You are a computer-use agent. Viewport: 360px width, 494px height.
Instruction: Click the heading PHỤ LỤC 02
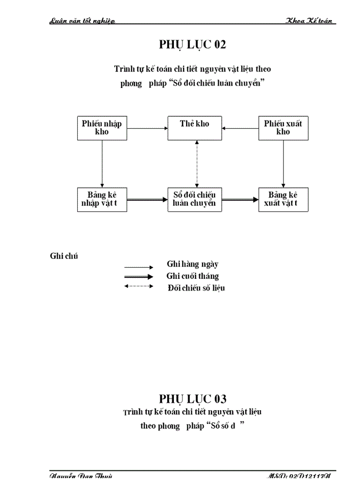192,45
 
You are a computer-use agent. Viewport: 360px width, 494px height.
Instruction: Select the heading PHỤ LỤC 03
192,399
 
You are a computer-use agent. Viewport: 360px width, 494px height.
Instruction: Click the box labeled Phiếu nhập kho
102,128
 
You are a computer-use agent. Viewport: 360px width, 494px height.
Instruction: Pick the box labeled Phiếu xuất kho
283,128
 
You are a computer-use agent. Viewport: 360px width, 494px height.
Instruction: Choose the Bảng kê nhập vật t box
102,200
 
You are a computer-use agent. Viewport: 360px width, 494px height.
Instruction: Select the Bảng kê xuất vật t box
283,200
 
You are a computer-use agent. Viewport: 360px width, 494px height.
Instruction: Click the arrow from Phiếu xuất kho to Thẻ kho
240,129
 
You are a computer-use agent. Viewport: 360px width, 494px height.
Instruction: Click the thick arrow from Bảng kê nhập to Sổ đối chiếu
147,200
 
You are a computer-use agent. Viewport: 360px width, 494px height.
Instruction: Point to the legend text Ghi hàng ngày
192,264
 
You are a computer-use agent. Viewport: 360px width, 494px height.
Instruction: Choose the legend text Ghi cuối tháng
192,276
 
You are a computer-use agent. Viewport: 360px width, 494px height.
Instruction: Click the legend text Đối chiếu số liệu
196,288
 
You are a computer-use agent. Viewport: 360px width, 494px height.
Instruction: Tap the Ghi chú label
64,256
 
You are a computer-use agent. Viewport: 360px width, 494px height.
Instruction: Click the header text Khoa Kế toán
310,21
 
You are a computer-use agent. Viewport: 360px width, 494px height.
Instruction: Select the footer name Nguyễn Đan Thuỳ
81,477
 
